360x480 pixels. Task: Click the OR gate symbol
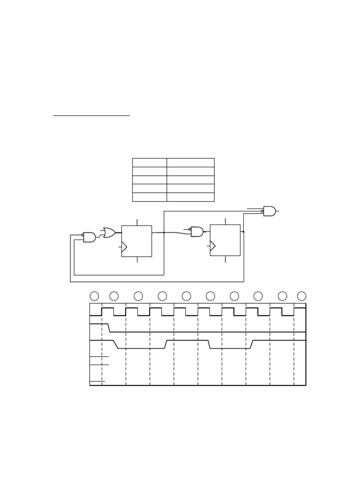click(x=110, y=232)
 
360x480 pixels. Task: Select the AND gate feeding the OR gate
click(x=90, y=237)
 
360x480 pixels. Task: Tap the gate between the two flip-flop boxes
click(x=197, y=232)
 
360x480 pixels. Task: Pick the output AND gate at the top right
click(x=270, y=211)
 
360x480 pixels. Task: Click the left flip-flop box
click(x=136, y=241)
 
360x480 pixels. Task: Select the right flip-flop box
click(x=225, y=240)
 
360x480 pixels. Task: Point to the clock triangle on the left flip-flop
click(x=124, y=247)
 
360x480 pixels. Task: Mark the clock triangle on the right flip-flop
click(x=213, y=246)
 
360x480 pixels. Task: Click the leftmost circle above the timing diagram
click(x=94, y=296)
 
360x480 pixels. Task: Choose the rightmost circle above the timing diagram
click(x=302, y=296)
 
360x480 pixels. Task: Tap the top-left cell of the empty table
click(x=150, y=163)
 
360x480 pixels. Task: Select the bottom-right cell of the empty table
click(x=190, y=197)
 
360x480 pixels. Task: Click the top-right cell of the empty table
click(x=190, y=163)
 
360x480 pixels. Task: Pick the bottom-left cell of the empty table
click(x=150, y=197)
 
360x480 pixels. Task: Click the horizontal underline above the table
click(x=91, y=115)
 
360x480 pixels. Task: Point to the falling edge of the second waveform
click(x=109, y=328)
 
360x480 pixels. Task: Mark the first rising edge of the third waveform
click(x=166, y=345)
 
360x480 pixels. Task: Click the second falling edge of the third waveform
click(x=210, y=345)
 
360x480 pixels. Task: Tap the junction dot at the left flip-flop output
click(x=164, y=232)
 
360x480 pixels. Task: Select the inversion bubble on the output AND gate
click(x=262, y=211)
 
